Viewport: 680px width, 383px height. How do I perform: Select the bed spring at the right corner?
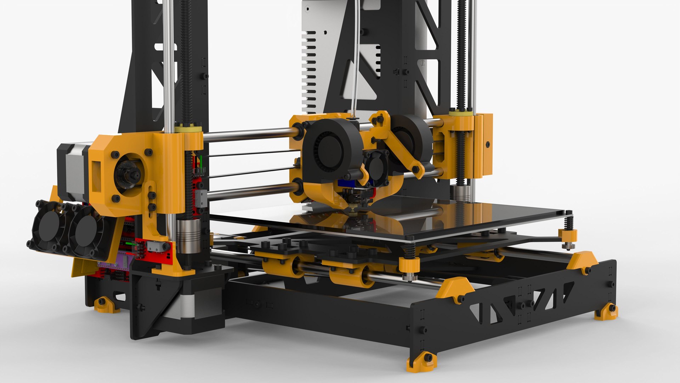click(x=568, y=223)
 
